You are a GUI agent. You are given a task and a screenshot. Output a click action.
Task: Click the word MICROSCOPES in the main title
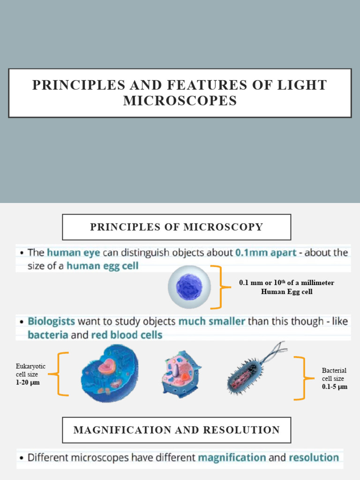pos(180,100)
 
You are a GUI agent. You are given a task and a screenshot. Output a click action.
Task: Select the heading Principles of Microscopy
pos(177,227)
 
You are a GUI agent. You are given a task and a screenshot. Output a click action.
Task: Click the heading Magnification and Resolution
pos(177,430)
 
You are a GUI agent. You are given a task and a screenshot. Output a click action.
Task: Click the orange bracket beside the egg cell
pos(217,287)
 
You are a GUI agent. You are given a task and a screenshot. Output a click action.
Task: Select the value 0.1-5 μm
pos(335,387)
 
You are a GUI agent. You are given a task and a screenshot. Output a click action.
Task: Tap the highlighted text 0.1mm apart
pos(266,253)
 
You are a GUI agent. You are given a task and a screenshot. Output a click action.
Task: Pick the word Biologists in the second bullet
pos(51,322)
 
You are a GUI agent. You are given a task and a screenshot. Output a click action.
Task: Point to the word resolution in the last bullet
pos(314,457)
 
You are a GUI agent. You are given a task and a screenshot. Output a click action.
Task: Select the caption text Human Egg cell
pos(287,292)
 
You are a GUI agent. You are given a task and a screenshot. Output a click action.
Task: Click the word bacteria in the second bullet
pos(48,335)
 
